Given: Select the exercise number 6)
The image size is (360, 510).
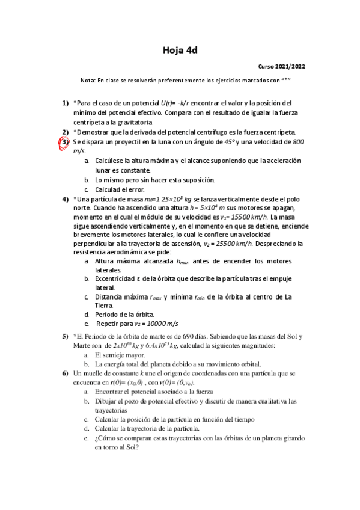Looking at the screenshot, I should pos(66,373).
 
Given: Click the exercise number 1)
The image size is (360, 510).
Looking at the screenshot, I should pos(66,103).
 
